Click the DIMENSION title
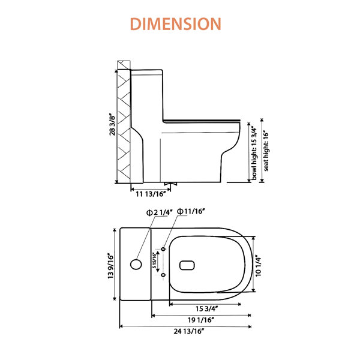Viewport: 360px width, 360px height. click(176, 24)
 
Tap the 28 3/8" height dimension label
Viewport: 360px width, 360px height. click(112, 124)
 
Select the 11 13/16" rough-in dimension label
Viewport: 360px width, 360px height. click(151, 194)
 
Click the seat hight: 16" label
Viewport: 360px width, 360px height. click(266, 151)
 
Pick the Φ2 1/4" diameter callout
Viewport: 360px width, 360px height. click(160, 212)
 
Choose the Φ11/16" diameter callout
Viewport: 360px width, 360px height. click(191, 211)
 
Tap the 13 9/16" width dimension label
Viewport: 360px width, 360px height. click(110, 266)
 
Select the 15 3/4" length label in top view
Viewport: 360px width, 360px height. click(206, 309)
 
